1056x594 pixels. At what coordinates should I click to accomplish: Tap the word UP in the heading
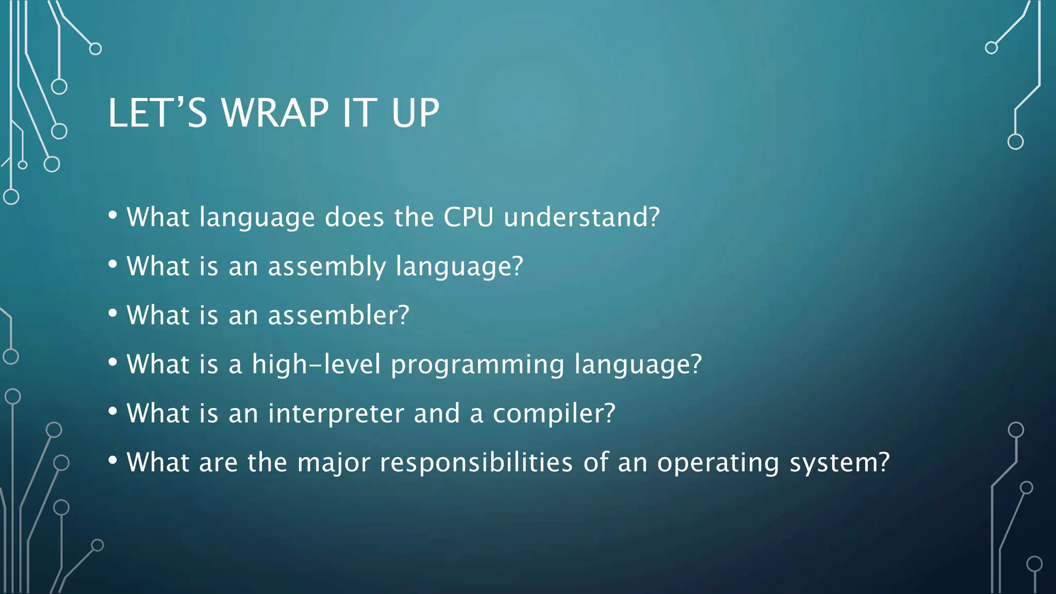click(x=415, y=113)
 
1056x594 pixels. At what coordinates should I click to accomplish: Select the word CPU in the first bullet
click(x=468, y=217)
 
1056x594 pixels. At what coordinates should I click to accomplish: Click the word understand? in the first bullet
click(x=582, y=217)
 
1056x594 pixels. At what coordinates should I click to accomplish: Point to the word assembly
click(x=327, y=267)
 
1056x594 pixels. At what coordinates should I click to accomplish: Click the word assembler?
click(x=338, y=315)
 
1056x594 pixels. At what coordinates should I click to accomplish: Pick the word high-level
click(x=316, y=364)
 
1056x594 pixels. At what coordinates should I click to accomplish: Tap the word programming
click(x=477, y=365)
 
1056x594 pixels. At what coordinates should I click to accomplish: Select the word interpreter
click(x=336, y=414)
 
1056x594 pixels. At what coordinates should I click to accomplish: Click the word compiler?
click(x=554, y=414)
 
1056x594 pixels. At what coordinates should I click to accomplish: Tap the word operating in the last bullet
click(x=718, y=463)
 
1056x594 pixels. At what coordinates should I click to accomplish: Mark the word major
click(x=334, y=463)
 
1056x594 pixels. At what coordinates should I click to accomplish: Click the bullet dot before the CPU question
click(x=113, y=216)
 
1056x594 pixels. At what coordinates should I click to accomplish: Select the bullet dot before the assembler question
click(x=113, y=313)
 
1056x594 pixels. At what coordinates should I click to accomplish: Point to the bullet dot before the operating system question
click(x=113, y=460)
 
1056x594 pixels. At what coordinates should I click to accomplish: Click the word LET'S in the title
click(x=157, y=113)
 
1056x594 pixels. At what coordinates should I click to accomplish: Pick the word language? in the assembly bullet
click(x=459, y=267)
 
